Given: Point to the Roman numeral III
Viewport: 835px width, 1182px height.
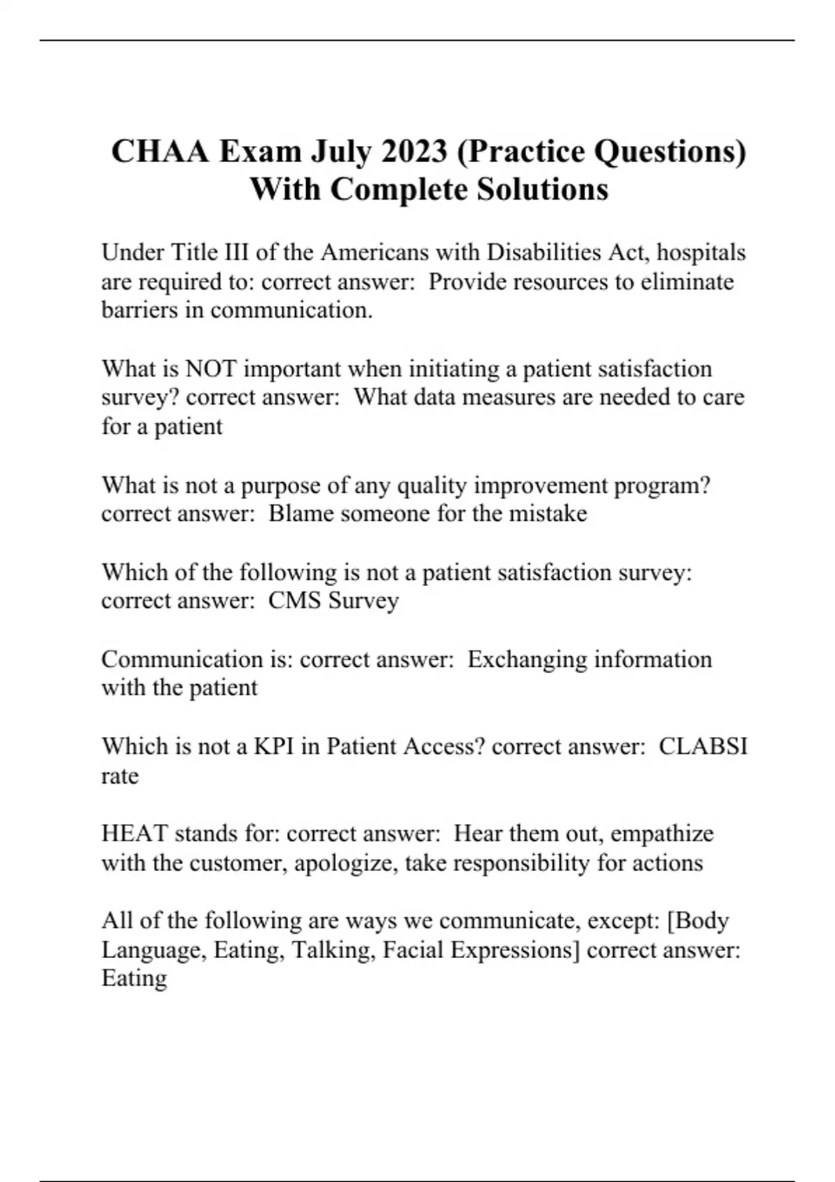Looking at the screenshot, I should point(234,252).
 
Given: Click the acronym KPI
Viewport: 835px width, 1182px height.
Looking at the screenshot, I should point(273,746).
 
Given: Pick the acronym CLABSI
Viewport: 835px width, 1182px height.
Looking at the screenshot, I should point(703,746).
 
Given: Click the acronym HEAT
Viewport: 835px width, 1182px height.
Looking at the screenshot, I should point(134,833).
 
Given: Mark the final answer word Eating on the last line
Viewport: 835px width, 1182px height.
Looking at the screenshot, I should point(134,978).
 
